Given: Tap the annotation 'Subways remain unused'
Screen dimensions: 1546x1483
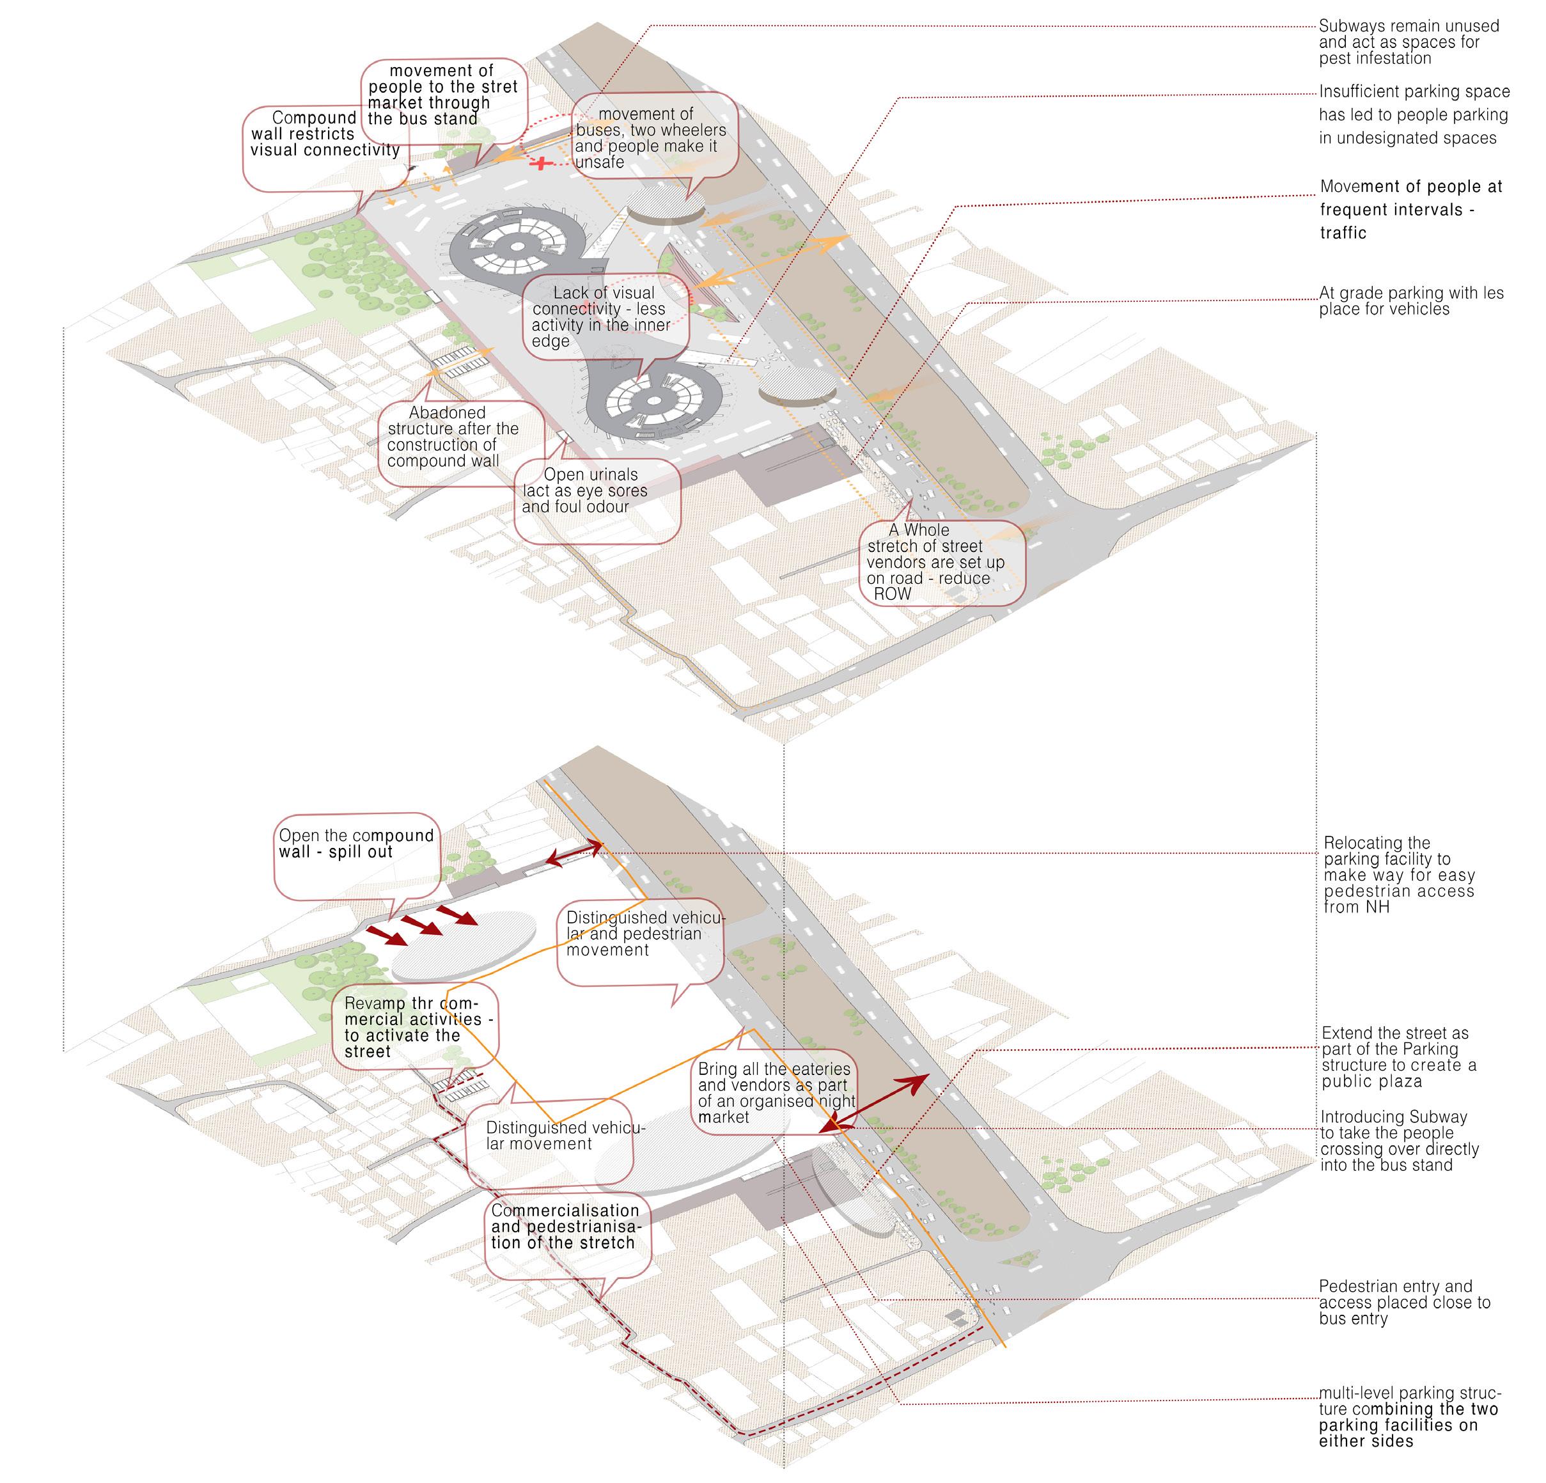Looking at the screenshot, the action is pyautogui.click(x=1408, y=42).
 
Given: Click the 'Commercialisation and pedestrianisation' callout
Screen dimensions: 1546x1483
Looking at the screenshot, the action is pyautogui.click(x=566, y=1227).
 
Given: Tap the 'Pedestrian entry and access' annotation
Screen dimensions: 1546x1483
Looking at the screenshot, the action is pyautogui.click(x=1404, y=1303).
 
